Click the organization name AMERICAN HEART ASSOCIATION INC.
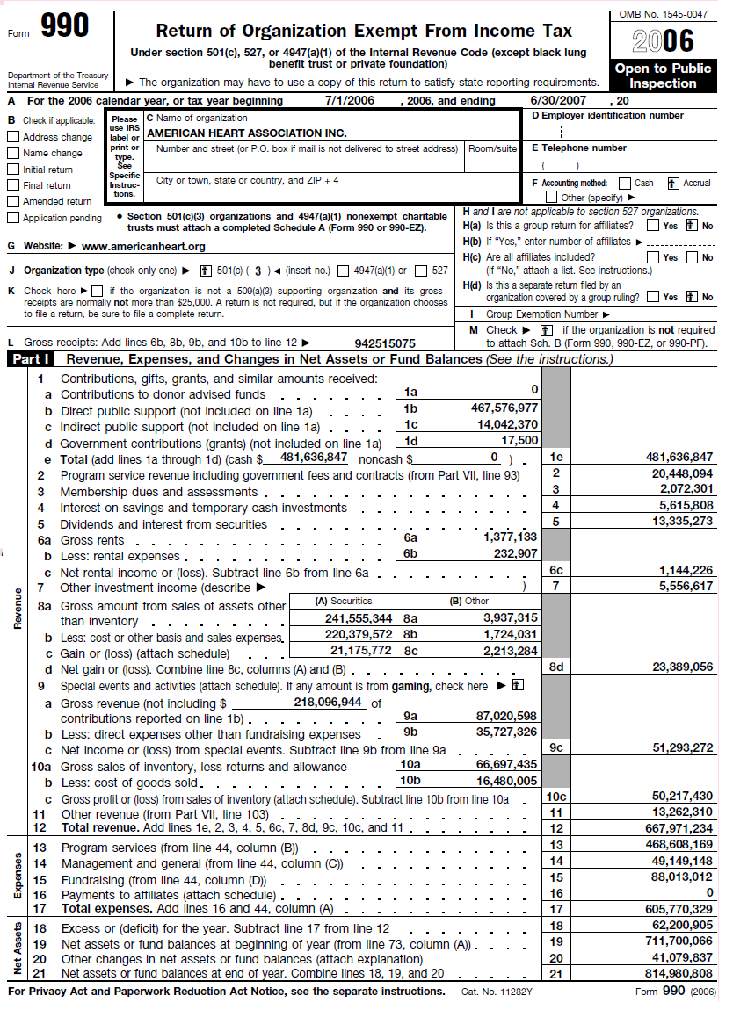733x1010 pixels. coord(247,133)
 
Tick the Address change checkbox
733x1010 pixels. coord(13,137)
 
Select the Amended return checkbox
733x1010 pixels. coord(13,201)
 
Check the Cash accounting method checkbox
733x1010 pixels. coord(624,184)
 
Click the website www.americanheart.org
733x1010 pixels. coord(143,247)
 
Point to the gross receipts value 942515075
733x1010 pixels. coord(386,343)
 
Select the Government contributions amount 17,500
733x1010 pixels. coord(519,441)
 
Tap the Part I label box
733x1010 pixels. coord(29,359)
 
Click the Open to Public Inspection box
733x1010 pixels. coord(663,76)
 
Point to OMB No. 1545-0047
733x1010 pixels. coord(663,15)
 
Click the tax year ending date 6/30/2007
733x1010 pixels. coord(560,100)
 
